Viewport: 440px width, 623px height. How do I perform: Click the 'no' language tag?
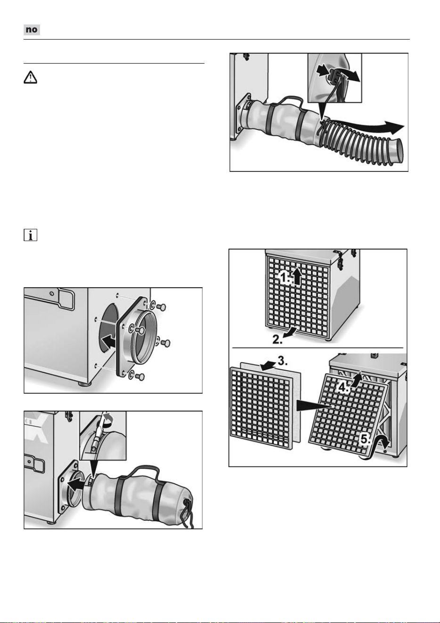pyautogui.click(x=32, y=30)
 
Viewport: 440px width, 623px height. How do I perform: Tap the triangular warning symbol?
pyautogui.click(x=30, y=77)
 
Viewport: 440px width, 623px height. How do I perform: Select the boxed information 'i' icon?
pyautogui.click(x=30, y=235)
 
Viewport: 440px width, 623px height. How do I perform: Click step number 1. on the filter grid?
pyautogui.click(x=285, y=278)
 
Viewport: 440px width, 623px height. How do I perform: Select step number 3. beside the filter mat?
pyautogui.click(x=283, y=361)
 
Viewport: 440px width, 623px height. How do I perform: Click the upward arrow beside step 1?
pyautogui.click(x=298, y=275)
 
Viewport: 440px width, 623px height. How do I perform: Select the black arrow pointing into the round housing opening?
pyautogui.click(x=109, y=341)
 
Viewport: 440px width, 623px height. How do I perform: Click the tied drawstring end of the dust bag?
pyautogui.click(x=189, y=510)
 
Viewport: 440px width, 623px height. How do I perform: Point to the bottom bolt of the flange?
pyautogui.click(x=140, y=377)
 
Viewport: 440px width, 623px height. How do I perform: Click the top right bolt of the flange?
pyautogui.click(x=161, y=307)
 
